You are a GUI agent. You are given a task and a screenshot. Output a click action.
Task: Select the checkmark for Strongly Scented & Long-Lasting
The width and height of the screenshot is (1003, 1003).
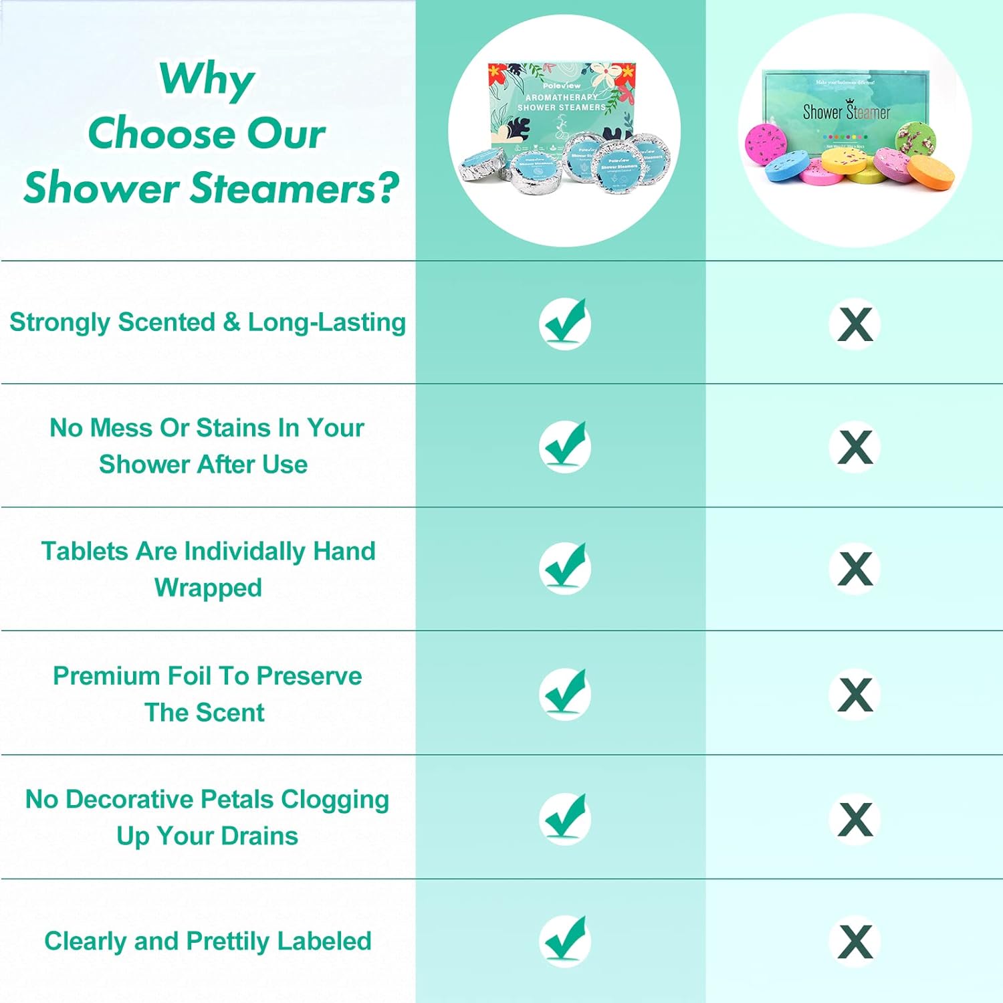[x=565, y=324]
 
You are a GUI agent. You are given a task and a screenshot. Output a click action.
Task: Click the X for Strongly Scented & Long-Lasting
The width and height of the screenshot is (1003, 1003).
[x=855, y=324]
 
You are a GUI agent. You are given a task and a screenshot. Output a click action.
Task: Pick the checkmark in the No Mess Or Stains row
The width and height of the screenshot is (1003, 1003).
[x=565, y=447]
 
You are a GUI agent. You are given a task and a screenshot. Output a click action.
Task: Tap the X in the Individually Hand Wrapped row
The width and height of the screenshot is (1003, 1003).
[x=855, y=568]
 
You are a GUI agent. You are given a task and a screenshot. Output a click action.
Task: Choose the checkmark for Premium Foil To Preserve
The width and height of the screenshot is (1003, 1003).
[x=565, y=693]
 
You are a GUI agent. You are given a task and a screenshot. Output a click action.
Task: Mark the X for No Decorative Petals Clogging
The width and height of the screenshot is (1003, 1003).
[x=855, y=819]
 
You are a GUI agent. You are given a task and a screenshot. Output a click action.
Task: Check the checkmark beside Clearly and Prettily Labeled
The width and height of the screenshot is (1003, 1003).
[x=565, y=941]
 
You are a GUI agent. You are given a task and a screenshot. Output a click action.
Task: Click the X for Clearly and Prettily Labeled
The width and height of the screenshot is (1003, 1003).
[x=855, y=941]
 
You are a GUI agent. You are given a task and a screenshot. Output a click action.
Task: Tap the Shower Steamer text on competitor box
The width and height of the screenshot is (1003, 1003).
[x=846, y=112]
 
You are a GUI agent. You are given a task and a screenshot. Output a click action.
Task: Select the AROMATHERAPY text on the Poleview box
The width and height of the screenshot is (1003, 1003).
[x=561, y=97]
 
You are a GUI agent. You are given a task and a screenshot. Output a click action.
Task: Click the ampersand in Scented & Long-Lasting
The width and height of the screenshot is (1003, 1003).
[x=231, y=322]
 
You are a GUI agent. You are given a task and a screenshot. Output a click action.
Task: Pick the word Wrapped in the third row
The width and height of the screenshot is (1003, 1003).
[x=208, y=588]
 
